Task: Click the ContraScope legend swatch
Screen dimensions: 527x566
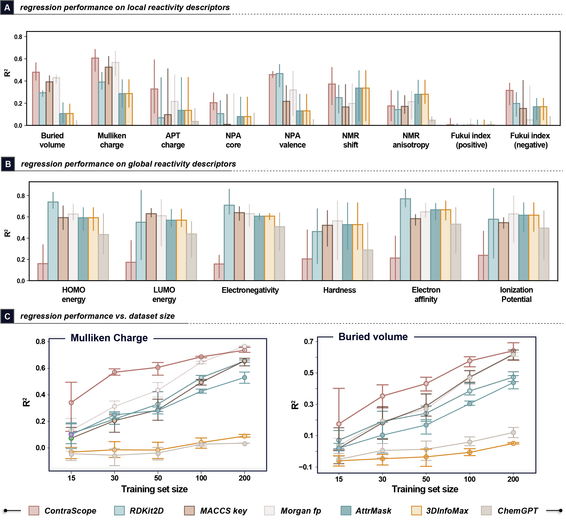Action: pos(34,510)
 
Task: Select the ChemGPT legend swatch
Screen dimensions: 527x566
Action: pos(486,510)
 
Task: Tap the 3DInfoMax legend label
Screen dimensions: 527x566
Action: pos(447,511)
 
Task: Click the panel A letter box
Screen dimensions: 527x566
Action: pos(7,7)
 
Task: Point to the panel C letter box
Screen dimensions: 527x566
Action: pos(7,316)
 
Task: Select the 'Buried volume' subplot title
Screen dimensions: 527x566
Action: pos(373,337)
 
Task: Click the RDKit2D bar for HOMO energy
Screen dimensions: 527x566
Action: pos(53,241)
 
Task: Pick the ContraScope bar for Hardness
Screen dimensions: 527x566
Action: pos(307,270)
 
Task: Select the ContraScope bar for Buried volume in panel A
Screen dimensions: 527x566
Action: pos(36,99)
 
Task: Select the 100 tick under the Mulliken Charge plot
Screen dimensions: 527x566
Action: pos(201,478)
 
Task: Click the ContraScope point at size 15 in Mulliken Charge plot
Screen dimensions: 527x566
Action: pos(71,403)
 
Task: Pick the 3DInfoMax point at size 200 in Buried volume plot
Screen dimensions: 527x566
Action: pos(513,443)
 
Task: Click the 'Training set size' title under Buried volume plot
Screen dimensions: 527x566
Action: pos(425,489)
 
